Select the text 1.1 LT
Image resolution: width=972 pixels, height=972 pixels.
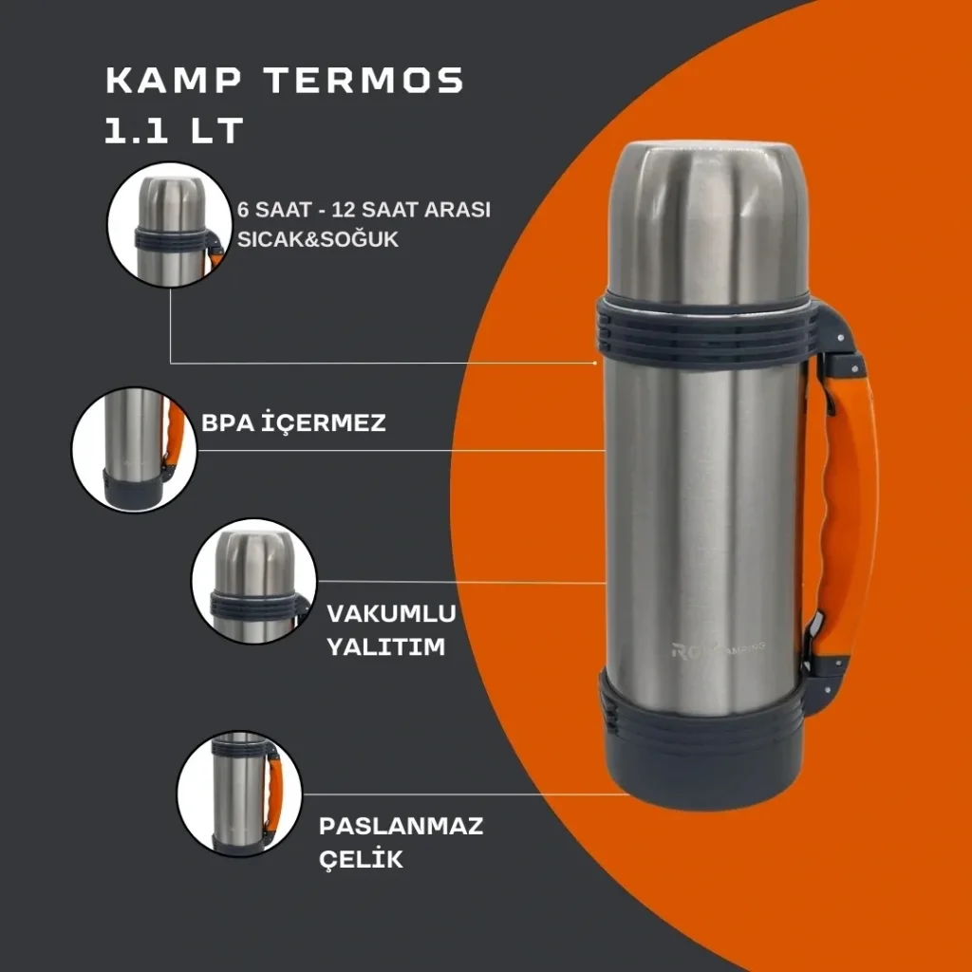click(x=174, y=130)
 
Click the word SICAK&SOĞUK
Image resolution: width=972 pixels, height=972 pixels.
click(x=317, y=239)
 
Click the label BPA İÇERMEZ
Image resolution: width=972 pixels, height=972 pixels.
click(x=293, y=422)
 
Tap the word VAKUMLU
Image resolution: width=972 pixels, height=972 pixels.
click(x=391, y=614)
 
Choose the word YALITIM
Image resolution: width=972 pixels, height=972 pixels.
click(x=385, y=647)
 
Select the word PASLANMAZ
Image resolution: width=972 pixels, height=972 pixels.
click(x=401, y=826)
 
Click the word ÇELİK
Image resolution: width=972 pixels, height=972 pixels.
click(x=361, y=859)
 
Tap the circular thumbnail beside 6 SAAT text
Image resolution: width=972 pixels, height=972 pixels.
click(x=169, y=225)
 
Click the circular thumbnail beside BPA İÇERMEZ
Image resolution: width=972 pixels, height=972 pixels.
click(x=135, y=449)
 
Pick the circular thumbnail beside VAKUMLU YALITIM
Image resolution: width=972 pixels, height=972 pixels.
click(x=254, y=582)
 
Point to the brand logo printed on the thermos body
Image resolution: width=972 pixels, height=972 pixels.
click(x=718, y=649)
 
